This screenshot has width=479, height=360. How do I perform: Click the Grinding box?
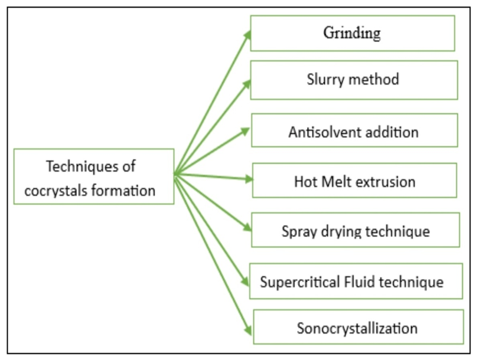[x=352, y=33]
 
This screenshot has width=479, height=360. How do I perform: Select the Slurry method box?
[x=353, y=80]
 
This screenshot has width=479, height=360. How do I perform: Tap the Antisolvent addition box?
[x=354, y=131]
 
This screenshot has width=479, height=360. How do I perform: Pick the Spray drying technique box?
[x=355, y=230]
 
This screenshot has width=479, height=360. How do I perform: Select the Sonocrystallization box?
[x=357, y=327]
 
